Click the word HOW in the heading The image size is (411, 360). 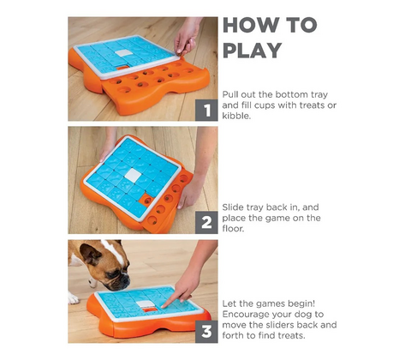[250, 25]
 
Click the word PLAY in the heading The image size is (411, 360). [253, 51]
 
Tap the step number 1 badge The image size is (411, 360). [206, 110]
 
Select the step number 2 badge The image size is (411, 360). [206, 223]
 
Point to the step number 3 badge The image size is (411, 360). [206, 332]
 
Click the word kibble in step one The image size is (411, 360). [235, 116]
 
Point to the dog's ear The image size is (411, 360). [90, 254]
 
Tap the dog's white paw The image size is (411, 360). [73, 298]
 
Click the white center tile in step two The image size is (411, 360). [133, 175]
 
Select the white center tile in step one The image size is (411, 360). [124, 53]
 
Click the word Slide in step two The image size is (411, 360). [233, 207]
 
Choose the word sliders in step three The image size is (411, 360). [279, 325]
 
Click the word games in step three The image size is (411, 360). [270, 304]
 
